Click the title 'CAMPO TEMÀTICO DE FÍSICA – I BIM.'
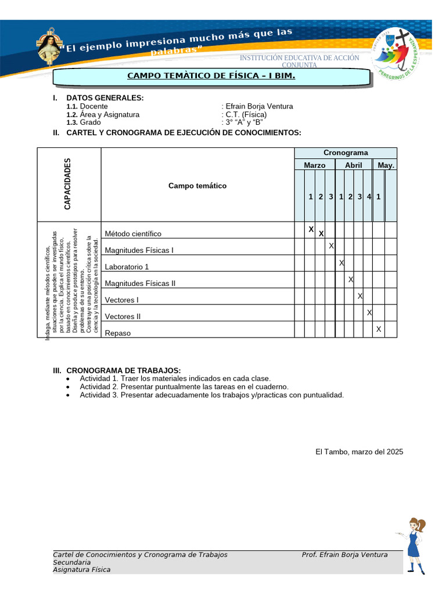pyautogui.click(x=211, y=77)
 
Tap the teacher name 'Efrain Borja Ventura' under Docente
pyautogui.click(x=258, y=106)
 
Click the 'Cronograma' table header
pyautogui.click(x=346, y=153)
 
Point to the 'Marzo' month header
pyautogui.click(x=314, y=165)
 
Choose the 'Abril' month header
pyautogui.click(x=353, y=165)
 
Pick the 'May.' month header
pyautogui.click(x=386, y=165)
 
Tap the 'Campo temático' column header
pyautogui.click(x=197, y=186)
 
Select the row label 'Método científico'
pyautogui.click(x=133, y=234)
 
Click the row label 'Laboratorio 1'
pyautogui.click(x=127, y=267)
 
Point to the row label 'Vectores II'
pyautogui.click(x=123, y=317)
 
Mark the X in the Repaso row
pyautogui.click(x=379, y=329)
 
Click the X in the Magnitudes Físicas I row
pyautogui.click(x=331, y=246)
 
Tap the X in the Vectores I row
pyautogui.click(x=360, y=296)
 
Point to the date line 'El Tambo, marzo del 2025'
pyautogui.click(x=359, y=451)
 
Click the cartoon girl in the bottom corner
pyautogui.click(x=413, y=545)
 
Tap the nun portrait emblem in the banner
pyautogui.click(x=50, y=46)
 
